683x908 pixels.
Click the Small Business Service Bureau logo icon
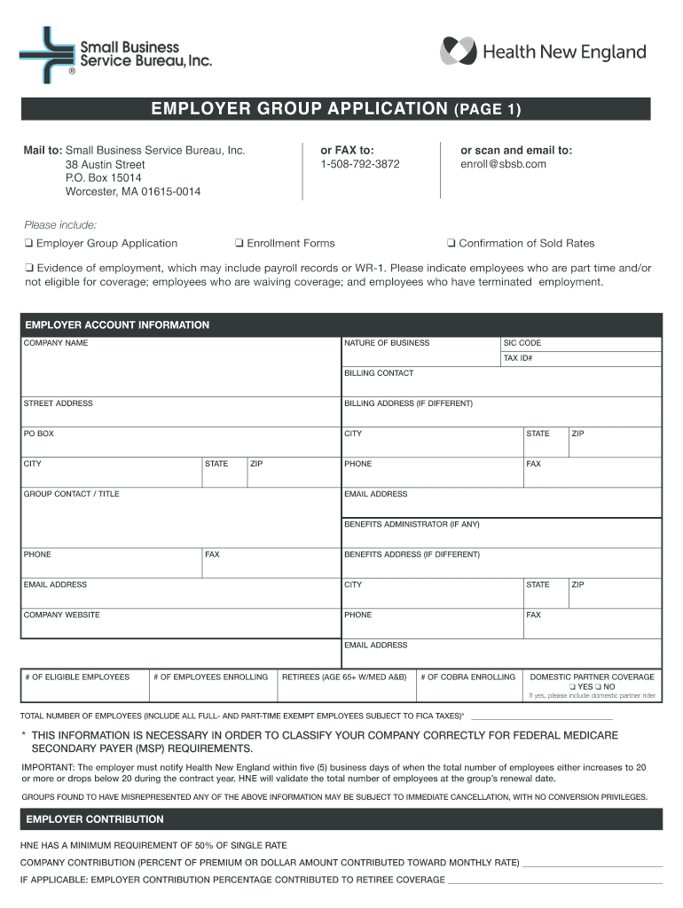click(x=47, y=54)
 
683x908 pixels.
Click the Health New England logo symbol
click(x=459, y=51)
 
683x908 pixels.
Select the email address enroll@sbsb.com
click(x=503, y=164)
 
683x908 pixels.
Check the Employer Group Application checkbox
click(x=28, y=244)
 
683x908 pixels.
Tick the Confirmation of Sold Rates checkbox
click(x=451, y=244)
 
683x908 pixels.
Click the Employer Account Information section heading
click(x=117, y=325)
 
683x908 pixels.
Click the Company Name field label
click(x=56, y=343)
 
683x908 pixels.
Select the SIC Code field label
click(x=522, y=343)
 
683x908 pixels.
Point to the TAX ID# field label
click(x=517, y=358)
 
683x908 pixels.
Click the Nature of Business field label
click(x=387, y=343)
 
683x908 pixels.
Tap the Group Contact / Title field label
click(x=71, y=494)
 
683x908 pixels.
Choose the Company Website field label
click(x=61, y=614)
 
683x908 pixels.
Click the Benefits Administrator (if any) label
click(x=412, y=524)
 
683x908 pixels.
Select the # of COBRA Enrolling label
click(x=468, y=677)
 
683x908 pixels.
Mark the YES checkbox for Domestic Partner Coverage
click(x=573, y=687)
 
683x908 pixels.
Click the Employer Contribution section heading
click(x=95, y=819)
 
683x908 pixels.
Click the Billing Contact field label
click(x=379, y=373)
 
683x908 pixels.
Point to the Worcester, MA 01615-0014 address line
click(x=132, y=192)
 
